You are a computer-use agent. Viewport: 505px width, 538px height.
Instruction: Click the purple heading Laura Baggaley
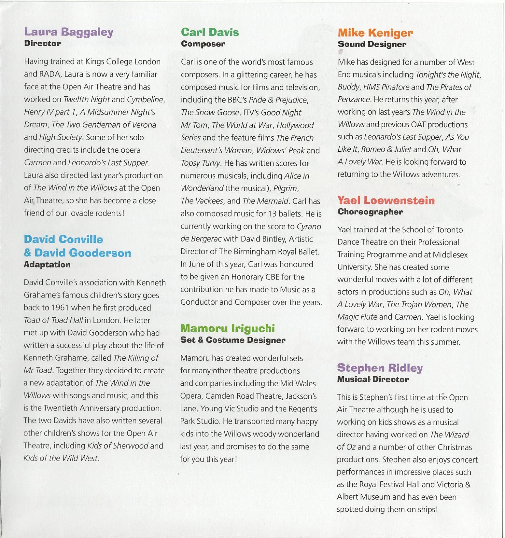[x=69, y=32]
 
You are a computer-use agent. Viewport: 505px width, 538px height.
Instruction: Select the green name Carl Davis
[x=210, y=32]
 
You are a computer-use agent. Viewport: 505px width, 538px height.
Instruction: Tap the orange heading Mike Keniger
[x=375, y=33]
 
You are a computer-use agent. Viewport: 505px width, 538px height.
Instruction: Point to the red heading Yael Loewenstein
[x=386, y=200]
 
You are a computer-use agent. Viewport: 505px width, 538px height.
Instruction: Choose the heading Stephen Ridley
[x=380, y=368]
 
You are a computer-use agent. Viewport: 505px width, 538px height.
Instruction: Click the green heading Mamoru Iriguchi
[x=228, y=328]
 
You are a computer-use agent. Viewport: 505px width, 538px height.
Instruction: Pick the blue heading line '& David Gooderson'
[x=77, y=253]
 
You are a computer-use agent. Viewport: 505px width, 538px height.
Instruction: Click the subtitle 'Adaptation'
[x=47, y=265]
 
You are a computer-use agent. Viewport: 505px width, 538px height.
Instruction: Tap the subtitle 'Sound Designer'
[x=372, y=44]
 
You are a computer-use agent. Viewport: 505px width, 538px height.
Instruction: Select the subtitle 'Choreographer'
[x=370, y=212]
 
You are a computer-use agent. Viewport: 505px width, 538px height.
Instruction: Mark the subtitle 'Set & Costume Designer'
[x=233, y=340]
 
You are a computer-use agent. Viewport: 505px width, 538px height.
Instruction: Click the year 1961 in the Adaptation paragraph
[x=60, y=308]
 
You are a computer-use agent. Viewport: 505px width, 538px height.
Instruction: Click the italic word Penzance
[x=354, y=99]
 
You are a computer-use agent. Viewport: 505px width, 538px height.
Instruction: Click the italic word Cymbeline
[x=145, y=99]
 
